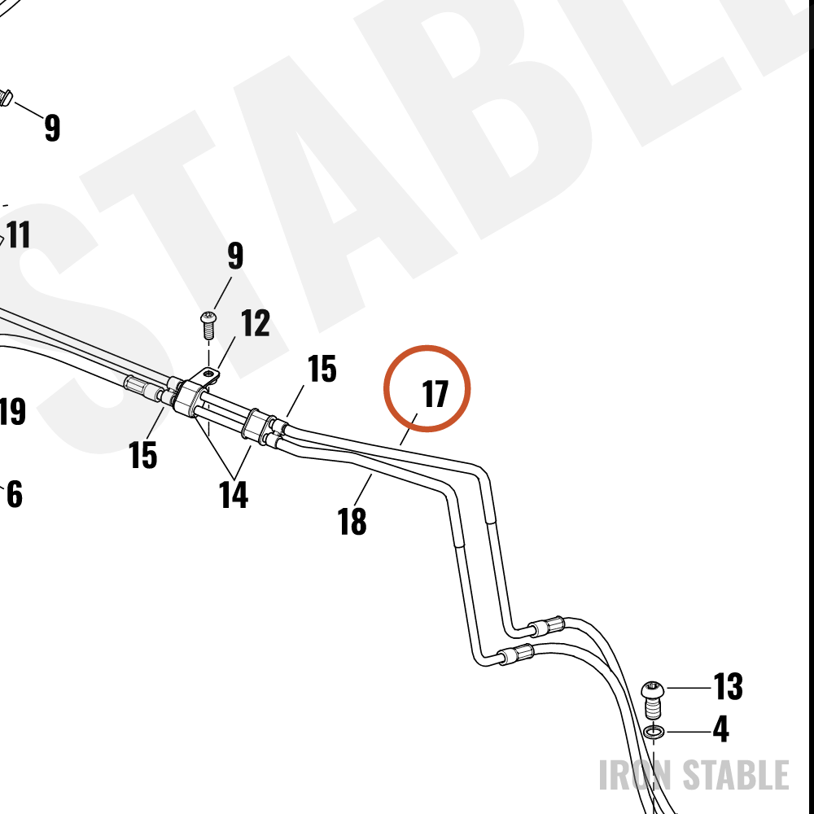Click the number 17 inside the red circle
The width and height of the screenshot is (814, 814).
pos(435,394)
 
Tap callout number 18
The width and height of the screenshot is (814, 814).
pos(352,521)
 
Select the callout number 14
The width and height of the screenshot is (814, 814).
pos(233,494)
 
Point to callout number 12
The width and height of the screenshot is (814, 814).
pos(255,323)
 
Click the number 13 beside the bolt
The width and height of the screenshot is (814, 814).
pos(728,686)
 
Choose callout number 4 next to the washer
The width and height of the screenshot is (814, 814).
pos(720,729)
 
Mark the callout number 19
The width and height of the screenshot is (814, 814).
pos(11,411)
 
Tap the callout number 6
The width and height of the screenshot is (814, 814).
pos(15,494)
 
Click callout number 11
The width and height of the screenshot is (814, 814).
pos(19,234)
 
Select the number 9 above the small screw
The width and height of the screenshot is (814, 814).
pos(235,255)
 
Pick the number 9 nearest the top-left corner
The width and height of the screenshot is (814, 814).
pos(52,128)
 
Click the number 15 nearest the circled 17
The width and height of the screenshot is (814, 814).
pos(322,369)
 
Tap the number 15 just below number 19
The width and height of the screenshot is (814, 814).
pos(142,455)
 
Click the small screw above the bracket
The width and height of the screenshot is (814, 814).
pos(208,325)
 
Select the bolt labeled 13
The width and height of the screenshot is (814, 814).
pos(653,699)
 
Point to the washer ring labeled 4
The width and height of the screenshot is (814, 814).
pos(654,732)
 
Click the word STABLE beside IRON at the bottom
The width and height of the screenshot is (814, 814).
pos(736,775)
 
